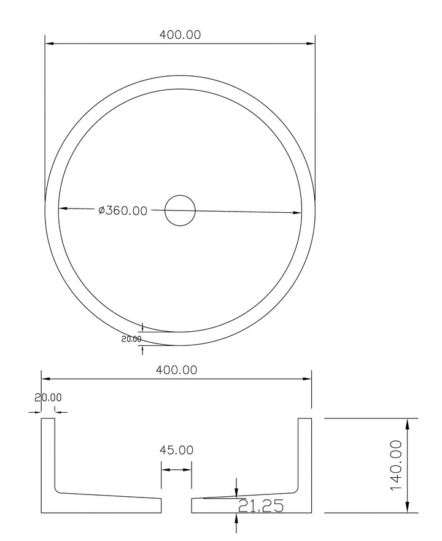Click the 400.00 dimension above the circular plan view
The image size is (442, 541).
pyautogui.click(x=180, y=35)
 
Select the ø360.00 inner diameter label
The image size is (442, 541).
pyautogui.click(x=123, y=210)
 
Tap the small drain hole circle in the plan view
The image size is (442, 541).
pyautogui.click(x=180, y=211)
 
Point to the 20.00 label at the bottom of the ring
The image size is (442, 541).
pyautogui.click(x=131, y=339)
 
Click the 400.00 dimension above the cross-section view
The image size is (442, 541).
pyautogui.click(x=176, y=370)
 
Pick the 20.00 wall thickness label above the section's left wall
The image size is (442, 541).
pyautogui.click(x=48, y=398)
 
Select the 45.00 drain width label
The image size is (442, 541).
pyautogui.click(x=176, y=450)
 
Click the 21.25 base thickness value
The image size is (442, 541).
pyautogui.click(x=260, y=506)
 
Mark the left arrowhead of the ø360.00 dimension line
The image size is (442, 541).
pyautogui.click(x=63, y=209)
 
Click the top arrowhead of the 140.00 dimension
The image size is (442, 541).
pyautogui.click(x=406, y=423)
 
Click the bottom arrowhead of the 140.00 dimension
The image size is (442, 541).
pyautogui.click(x=406, y=508)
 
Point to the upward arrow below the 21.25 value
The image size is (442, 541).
pyautogui.click(x=237, y=518)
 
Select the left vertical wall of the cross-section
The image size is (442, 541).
pyautogui.click(x=48, y=454)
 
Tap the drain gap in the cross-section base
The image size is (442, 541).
pyautogui.click(x=176, y=505)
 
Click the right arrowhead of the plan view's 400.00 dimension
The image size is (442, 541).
pyautogui.click(x=311, y=44)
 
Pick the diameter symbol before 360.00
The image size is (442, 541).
pyautogui.click(x=101, y=210)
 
